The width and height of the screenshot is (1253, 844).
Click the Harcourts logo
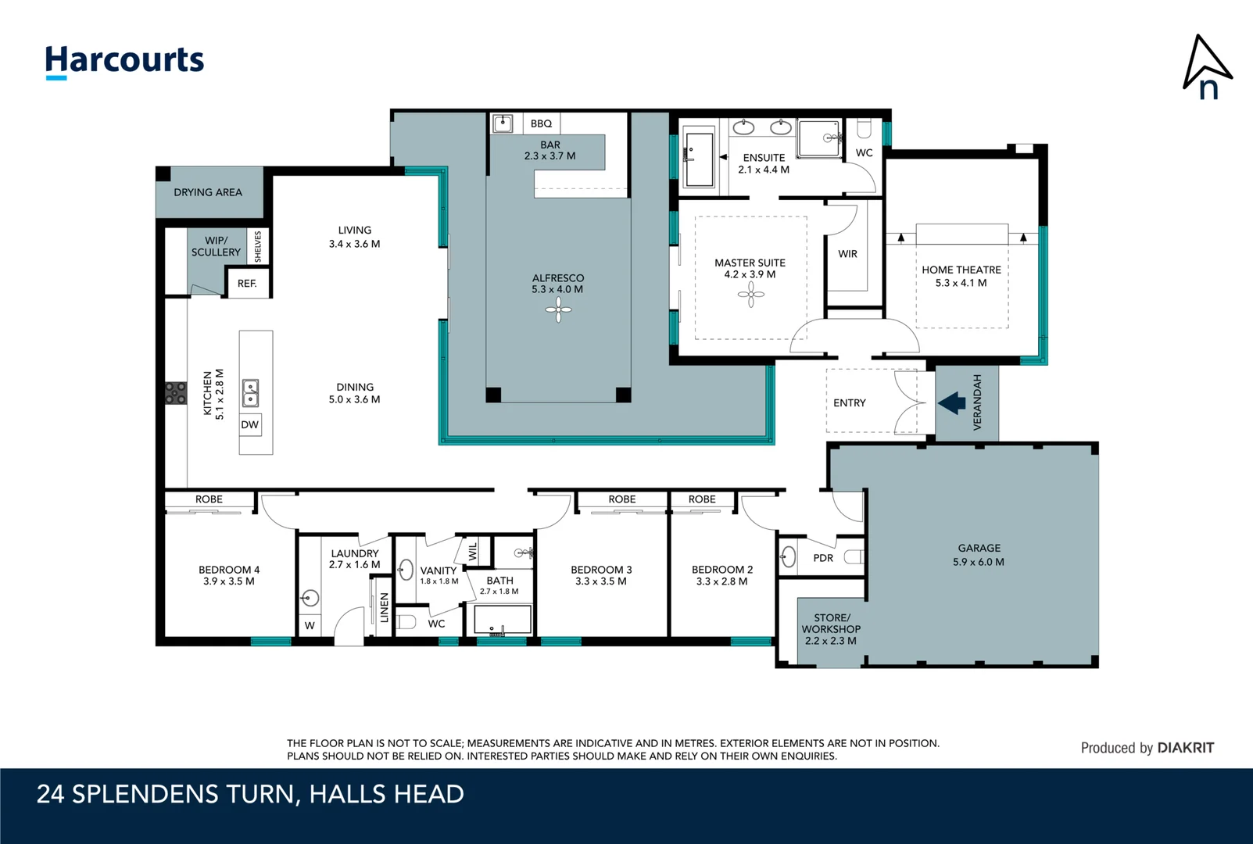[124, 61]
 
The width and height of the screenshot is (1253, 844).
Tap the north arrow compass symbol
[1207, 67]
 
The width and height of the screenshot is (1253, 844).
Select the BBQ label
[541, 123]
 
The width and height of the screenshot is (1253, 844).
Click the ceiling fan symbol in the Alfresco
[558, 310]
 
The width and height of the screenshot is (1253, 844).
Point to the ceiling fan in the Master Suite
[750, 295]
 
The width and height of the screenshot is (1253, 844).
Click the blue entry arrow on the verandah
[952, 403]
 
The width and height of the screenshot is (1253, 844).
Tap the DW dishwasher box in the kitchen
[250, 425]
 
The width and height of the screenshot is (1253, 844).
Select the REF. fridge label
[247, 284]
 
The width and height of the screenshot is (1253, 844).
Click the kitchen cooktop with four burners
[176, 393]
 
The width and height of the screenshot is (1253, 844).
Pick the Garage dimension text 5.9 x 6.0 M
[979, 562]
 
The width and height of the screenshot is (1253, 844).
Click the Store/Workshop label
[831, 623]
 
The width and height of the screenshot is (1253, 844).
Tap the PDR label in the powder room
[823, 558]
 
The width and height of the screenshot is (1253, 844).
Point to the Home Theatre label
[961, 270]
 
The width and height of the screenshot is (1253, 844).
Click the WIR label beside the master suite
[847, 254]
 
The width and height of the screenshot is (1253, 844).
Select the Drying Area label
[208, 192]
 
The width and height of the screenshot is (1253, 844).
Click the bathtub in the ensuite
[699, 159]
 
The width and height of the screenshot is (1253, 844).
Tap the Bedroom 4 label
[229, 570]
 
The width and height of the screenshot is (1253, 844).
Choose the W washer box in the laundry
[310, 625]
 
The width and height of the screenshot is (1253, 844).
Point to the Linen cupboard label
[384, 607]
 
